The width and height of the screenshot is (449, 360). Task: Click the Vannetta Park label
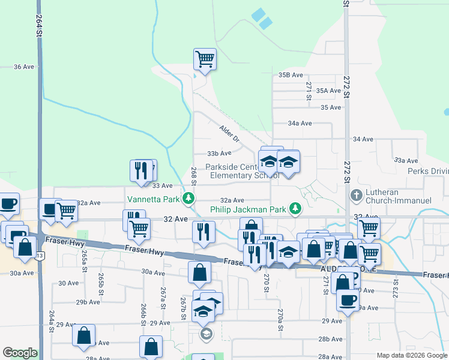(153, 199)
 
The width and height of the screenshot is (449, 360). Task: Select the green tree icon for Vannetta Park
(189, 197)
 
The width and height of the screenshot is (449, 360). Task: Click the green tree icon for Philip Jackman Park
(295, 208)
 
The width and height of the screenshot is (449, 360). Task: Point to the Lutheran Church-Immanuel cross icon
(356, 196)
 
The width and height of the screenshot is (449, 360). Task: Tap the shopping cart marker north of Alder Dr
(205, 59)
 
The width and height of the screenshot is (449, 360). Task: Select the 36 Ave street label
(23, 67)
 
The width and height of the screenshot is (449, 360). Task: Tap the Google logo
(20, 353)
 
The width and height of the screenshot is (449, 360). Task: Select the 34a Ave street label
(300, 123)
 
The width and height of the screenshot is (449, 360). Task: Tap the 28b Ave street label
(330, 339)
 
